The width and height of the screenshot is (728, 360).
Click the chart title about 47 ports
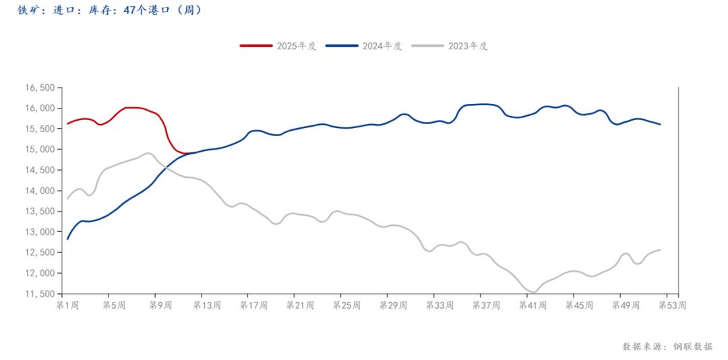(108, 11)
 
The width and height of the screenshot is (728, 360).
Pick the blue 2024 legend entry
(364, 46)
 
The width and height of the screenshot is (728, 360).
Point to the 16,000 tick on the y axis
(39, 108)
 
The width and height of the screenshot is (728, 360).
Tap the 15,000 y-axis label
(39, 150)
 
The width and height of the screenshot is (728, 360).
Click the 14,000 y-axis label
(39, 191)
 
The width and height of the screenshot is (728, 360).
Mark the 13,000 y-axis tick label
(39, 232)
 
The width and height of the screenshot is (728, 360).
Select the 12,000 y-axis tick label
(39, 273)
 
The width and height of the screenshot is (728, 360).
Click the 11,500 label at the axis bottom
(39, 294)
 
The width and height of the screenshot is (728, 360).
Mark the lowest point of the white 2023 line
(533, 293)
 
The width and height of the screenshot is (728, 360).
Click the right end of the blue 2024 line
(661, 125)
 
